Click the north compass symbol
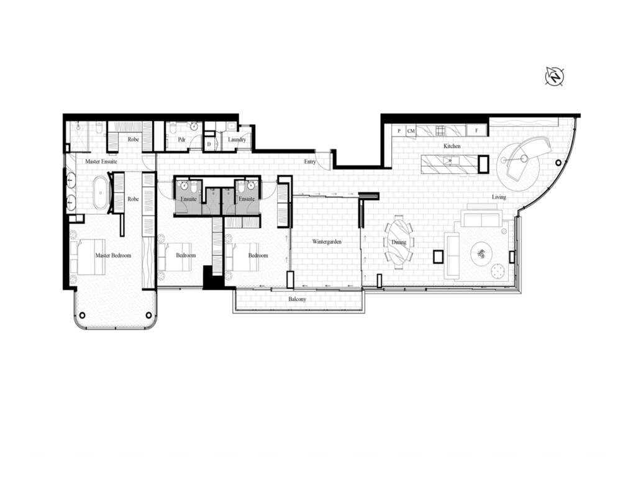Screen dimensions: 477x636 [554, 76]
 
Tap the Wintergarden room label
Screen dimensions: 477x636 [327, 241]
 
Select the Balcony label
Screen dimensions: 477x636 [297, 299]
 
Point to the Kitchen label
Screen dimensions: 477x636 [452, 146]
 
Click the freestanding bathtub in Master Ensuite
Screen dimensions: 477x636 [100, 193]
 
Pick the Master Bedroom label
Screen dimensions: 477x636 [113, 255]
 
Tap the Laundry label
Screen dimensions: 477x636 [237, 140]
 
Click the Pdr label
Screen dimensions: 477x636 [182, 140]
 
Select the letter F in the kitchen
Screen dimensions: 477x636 [477, 131]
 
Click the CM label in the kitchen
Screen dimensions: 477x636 [411, 131]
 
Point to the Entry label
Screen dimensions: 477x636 [310, 162]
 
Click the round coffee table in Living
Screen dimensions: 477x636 [481, 253]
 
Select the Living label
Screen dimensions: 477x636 [499, 197]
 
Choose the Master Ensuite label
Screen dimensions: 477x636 [101, 161]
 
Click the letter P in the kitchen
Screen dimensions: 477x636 [398, 131]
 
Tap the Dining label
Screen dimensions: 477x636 [399, 242]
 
